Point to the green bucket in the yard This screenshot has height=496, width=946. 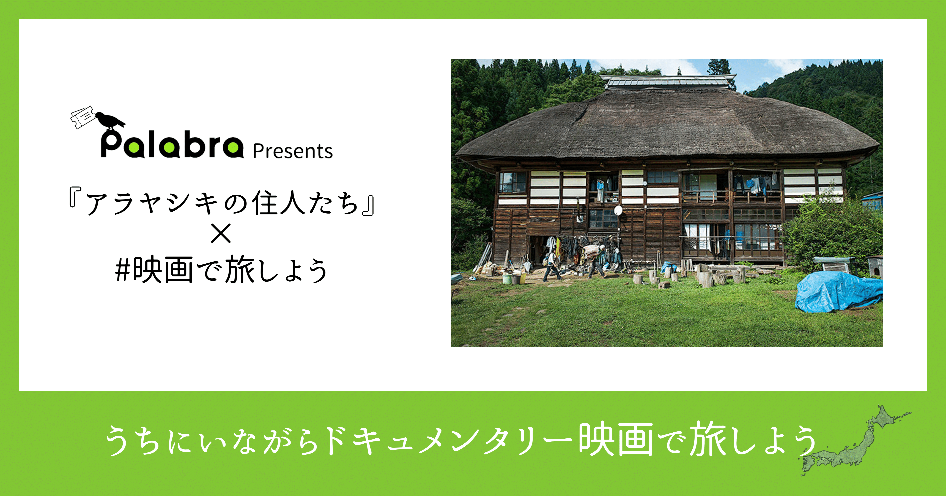[x=507, y=279]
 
